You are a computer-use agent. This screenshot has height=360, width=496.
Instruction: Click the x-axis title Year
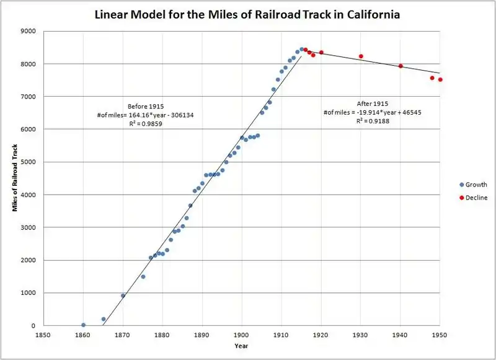tap(241, 346)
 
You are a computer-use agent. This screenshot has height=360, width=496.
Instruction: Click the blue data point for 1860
tap(83, 325)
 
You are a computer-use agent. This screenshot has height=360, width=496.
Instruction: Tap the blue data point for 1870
tap(123, 296)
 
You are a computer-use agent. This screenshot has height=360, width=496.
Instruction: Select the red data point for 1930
tap(361, 56)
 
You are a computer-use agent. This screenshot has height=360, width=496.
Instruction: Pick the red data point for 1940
tap(401, 66)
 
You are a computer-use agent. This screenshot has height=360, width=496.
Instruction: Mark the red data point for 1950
tap(440, 79)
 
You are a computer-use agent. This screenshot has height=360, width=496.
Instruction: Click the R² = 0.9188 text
tap(373, 121)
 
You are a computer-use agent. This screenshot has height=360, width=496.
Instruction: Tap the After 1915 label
tap(373, 103)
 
